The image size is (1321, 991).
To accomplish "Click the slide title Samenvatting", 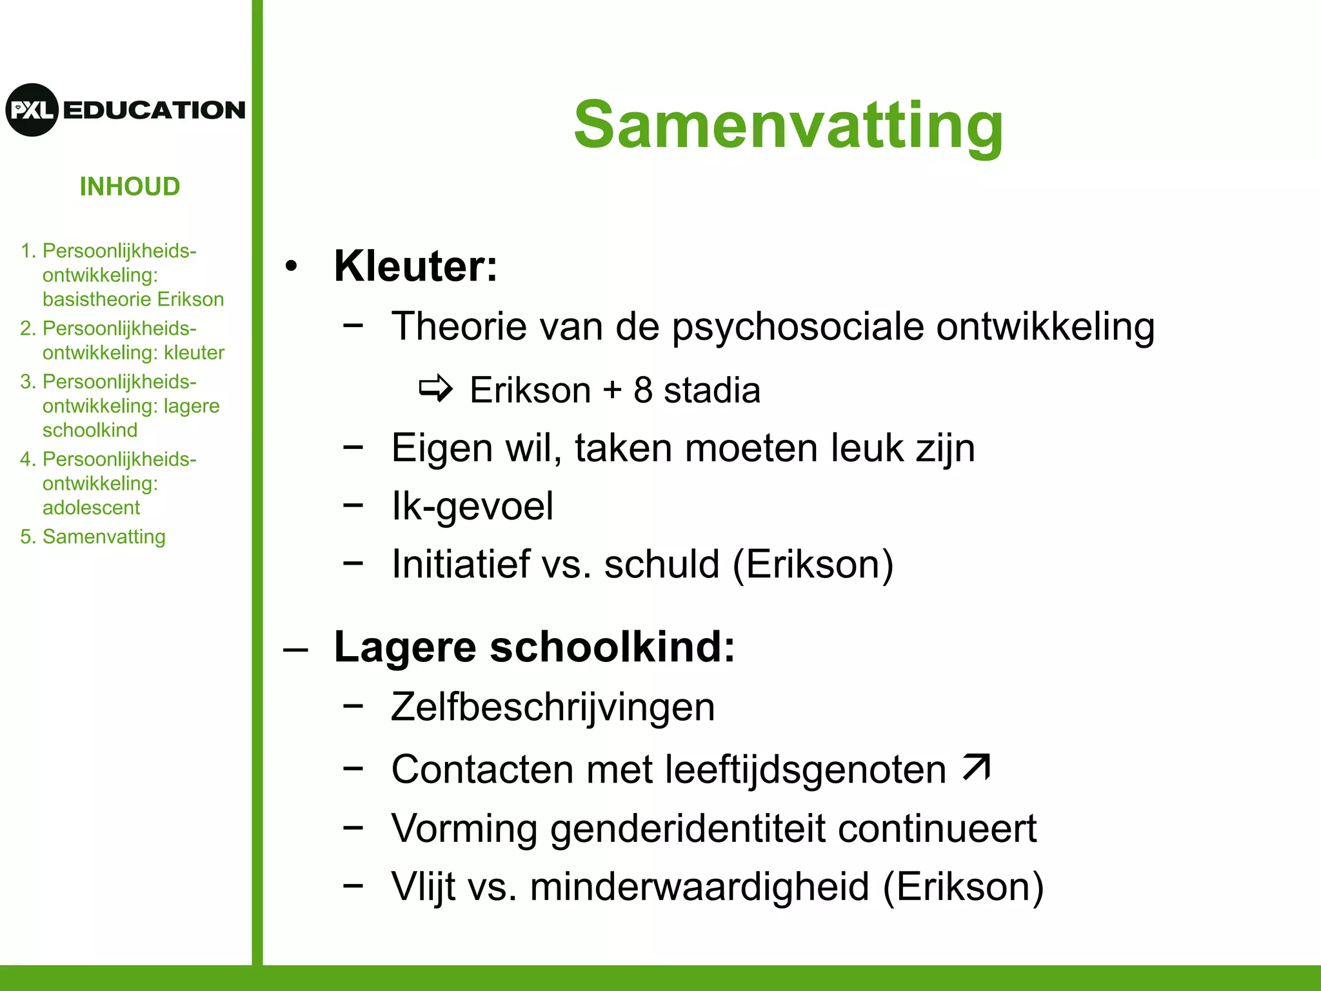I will click(788, 126).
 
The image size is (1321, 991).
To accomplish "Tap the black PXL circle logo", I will click(32, 110).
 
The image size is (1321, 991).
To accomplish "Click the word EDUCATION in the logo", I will click(154, 110).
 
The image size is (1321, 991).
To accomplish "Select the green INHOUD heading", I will click(130, 187).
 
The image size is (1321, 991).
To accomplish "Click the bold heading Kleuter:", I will click(415, 266).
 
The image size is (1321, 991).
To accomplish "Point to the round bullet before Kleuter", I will click(292, 266).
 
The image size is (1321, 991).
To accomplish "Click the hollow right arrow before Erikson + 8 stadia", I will click(436, 388).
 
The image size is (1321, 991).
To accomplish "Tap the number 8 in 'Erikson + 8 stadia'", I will click(643, 390).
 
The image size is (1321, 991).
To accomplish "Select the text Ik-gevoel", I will click(472, 506).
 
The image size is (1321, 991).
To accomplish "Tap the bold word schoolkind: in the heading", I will click(612, 646).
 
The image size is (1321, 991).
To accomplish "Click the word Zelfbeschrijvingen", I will click(553, 707).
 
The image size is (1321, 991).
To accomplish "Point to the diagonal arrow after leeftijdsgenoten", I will click(976, 767).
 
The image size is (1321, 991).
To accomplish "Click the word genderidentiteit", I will click(688, 828).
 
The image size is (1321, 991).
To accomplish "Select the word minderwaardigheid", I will click(699, 887).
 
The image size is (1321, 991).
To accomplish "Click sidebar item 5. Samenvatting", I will click(93, 537).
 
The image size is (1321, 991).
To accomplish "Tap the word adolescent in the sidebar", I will click(91, 508).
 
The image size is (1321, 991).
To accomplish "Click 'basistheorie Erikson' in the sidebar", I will click(133, 299).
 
